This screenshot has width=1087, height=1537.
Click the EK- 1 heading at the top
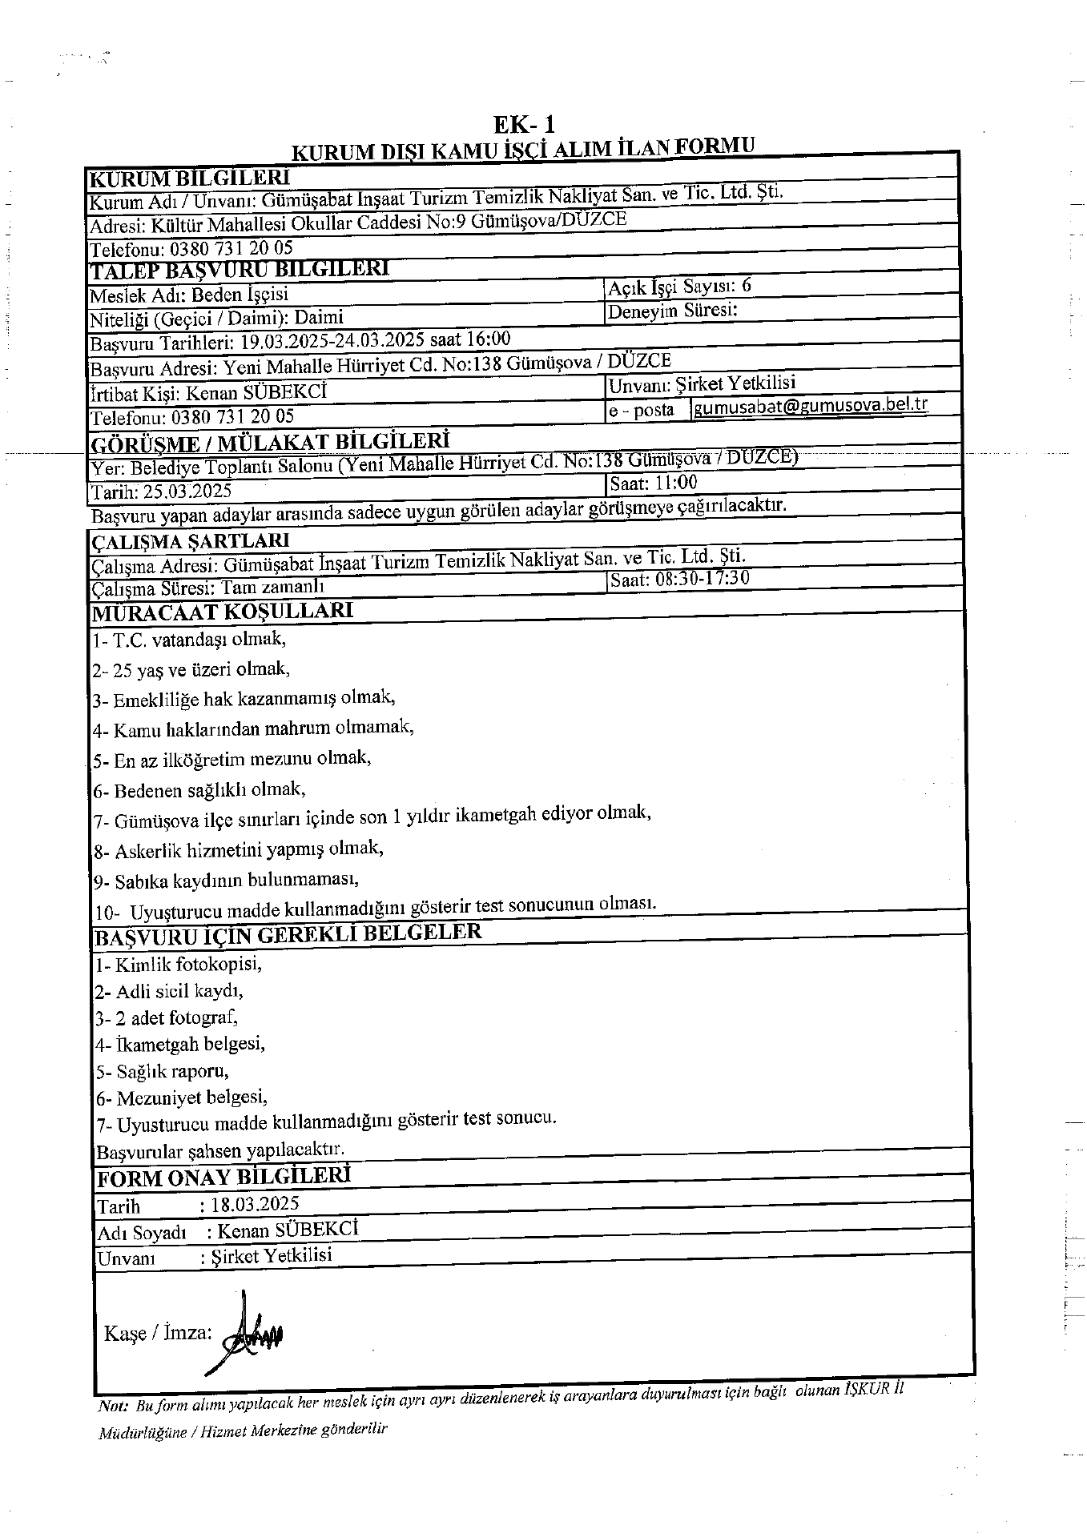[524, 125]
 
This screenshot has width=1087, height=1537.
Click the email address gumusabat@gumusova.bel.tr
[811, 405]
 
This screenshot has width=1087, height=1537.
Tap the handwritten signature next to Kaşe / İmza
[250, 1333]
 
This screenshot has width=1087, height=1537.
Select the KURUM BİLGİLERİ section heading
[190, 178]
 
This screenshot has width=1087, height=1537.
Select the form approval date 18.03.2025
[255, 1204]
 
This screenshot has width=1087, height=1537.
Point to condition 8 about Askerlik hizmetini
[239, 849]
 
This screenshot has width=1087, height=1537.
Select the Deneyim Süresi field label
[672, 311]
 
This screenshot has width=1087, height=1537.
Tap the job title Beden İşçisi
[240, 295]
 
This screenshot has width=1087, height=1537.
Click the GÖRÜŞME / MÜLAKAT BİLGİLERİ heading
[271, 441]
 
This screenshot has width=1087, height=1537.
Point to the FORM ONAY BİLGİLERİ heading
[223, 1178]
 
